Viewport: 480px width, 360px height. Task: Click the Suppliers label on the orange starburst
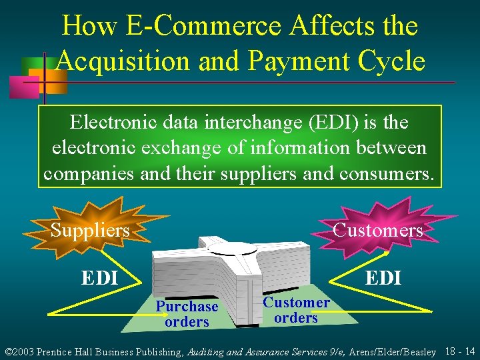[x=90, y=231]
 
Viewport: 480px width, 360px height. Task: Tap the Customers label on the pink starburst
[x=377, y=231]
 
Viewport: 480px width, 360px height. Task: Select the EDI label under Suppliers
[x=99, y=277]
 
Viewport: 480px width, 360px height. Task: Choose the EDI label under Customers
[x=383, y=277]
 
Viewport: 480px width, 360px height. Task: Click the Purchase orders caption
[x=187, y=314]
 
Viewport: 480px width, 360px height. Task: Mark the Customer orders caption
[x=296, y=310]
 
